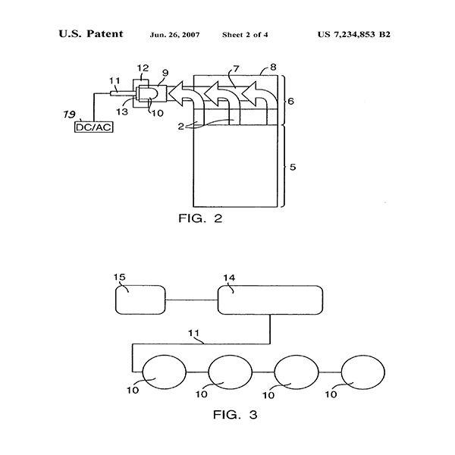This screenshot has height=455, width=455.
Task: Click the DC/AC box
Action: [x=94, y=127]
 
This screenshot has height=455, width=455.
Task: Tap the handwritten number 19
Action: [x=69, y=115]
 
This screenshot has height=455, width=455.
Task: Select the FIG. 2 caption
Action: [x=200, y=218]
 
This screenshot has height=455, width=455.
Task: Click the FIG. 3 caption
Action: [x=235, y=414]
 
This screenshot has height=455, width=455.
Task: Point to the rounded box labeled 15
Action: [x=140, y=300]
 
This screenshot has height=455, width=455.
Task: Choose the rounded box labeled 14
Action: [x=270, y=300]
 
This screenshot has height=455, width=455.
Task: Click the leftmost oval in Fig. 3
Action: [x=165, y=372]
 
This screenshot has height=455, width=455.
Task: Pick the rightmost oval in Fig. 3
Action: [x=363, y=372]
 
